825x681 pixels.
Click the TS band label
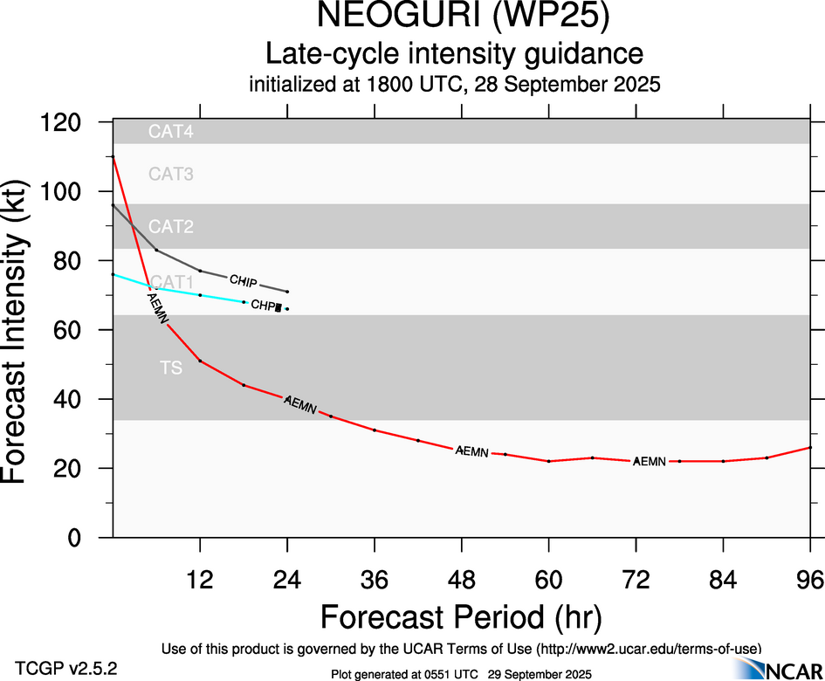pos(171,368)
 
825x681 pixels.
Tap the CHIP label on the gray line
pos(243,280)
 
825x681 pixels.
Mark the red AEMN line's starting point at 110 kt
pos(113,157)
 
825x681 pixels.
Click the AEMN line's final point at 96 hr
pos(810,448)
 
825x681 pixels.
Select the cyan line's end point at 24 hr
pos(287,309)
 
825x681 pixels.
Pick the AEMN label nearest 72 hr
pos(650,460)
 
